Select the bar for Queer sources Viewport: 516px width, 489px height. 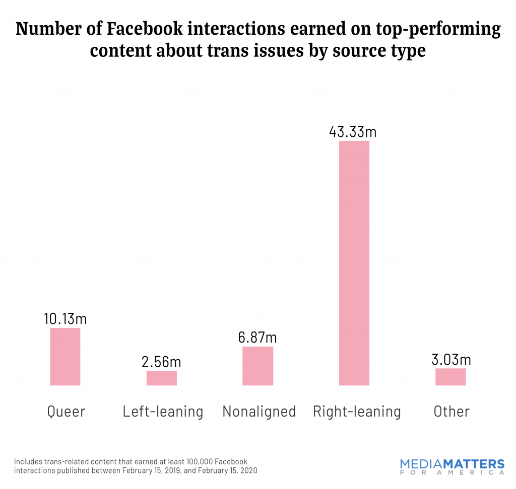65,357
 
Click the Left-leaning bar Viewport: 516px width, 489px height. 162,378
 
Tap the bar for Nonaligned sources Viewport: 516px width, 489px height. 257,366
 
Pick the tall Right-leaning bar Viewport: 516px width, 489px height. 354,263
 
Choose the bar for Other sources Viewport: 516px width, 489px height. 450,377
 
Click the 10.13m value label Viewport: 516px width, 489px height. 65,318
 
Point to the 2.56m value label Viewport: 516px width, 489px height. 162,362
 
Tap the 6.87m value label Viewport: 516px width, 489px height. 257,337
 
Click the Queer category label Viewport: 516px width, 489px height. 66,412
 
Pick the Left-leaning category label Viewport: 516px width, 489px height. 163,412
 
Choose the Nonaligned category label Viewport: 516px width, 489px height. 259,412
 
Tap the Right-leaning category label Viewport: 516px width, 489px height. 357,412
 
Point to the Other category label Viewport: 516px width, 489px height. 451,412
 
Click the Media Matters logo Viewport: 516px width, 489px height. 451,463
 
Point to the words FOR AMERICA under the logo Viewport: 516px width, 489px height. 451,473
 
